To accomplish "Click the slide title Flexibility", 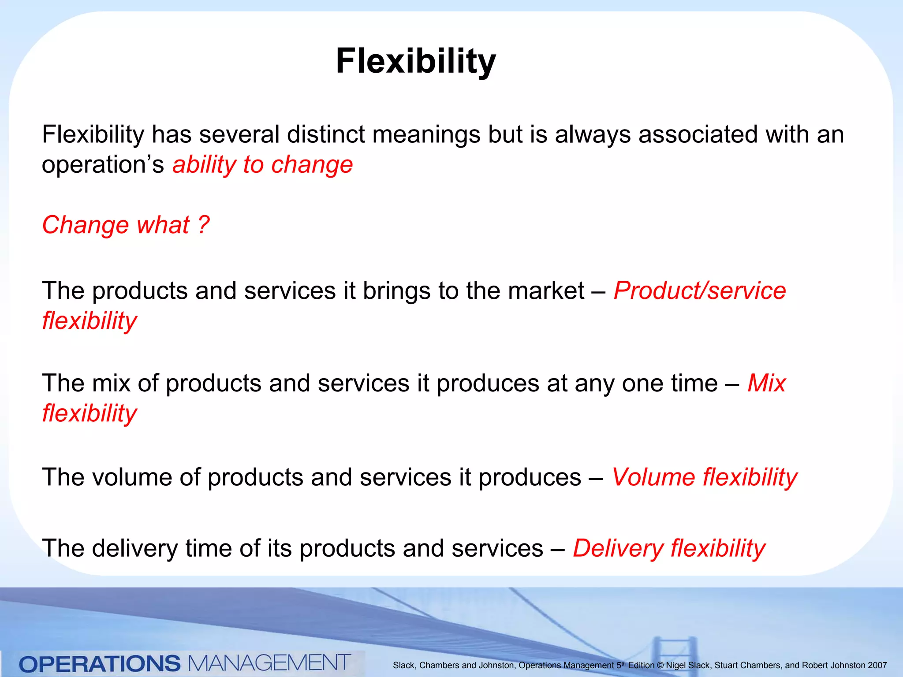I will tap(415, 62).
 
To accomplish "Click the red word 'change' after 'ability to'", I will tap(312, 165).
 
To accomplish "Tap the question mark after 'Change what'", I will tap(203, 225).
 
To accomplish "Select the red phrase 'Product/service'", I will tap(699, 291).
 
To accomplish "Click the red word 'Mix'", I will tap(766, 383).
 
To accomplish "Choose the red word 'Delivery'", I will tap(617, 549).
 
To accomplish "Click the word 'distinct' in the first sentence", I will tap(325, 134).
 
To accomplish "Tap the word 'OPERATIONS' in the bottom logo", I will tap(100, 664).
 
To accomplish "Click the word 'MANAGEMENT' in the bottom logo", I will tap(269, 663).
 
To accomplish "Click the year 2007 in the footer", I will tap(877, 666).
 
